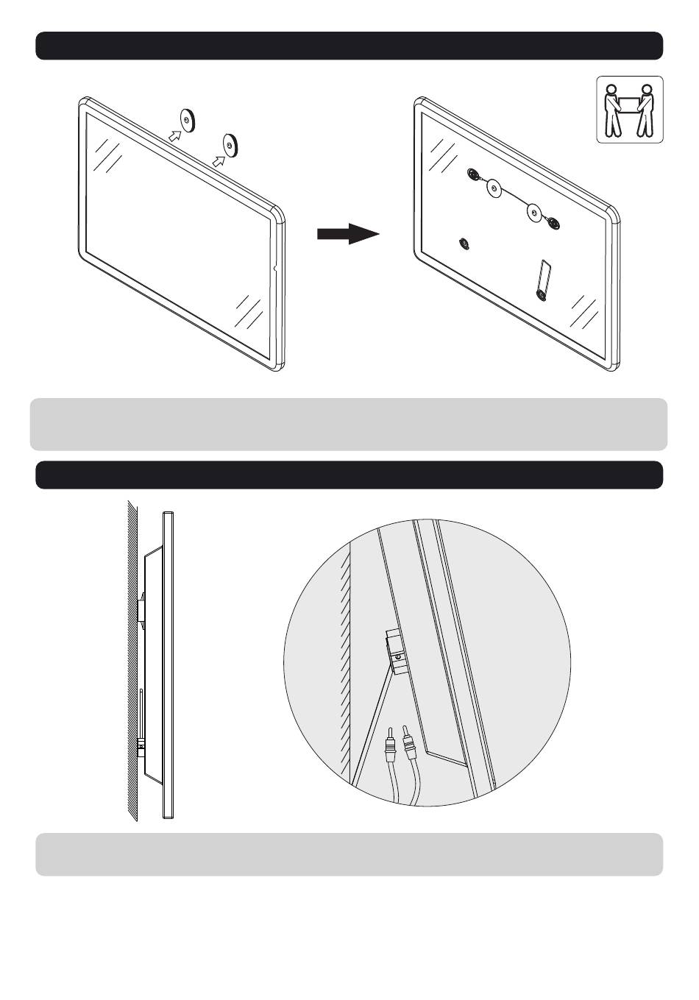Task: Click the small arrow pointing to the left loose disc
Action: click(x=174, y=135)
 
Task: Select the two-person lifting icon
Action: click(x=629, y=110)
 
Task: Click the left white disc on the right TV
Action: click(x=494, y=189)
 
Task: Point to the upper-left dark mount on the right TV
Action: click(x=474, y=174)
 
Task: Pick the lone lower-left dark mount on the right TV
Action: click(x=464, y=244)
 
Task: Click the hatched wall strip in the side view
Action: click(x=132, y=662)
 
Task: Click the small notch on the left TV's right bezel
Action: click(x=274, y=269)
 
